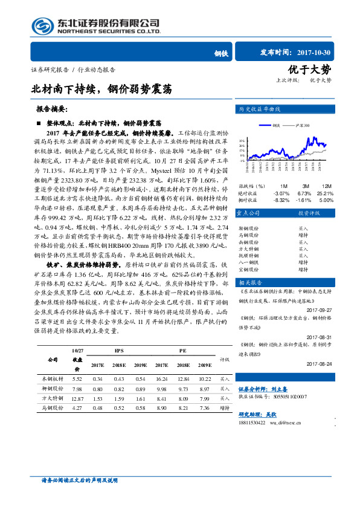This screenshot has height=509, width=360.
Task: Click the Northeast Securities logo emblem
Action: (x=40, y=25)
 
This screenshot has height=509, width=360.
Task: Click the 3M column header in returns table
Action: (x=306, y=186)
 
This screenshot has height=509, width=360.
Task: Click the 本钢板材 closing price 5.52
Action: (x=77, y=378)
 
